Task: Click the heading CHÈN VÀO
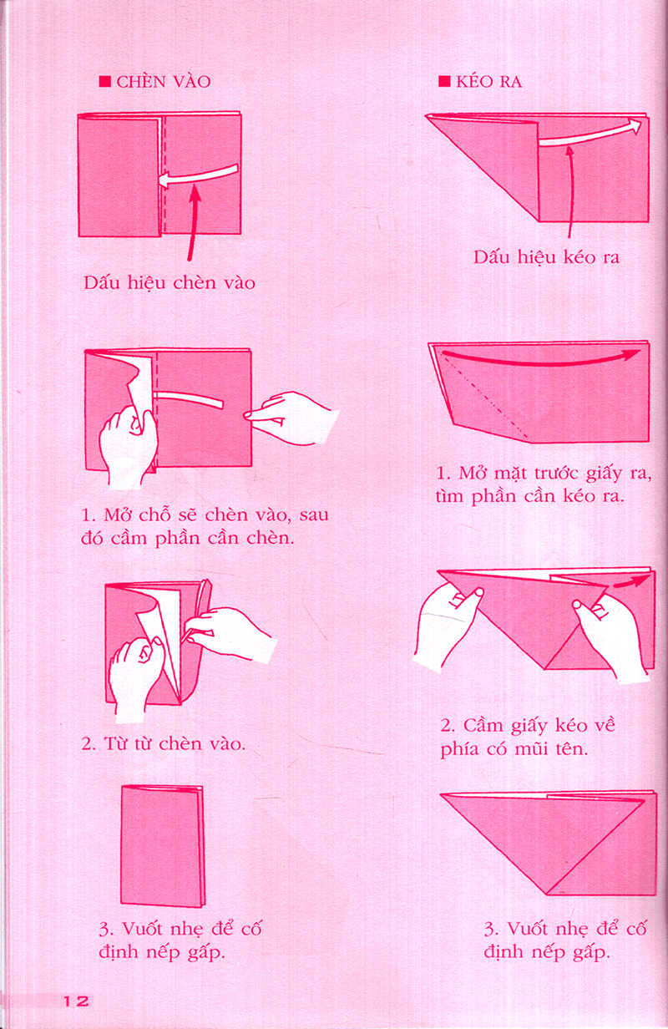coord(163,82)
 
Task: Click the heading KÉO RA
coord(489,82)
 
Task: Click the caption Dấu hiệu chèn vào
coord(170,283)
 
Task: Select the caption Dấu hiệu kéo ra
coord(546,257)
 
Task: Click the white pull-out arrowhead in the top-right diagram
coord(636,126)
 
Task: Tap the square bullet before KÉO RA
coord(443,82)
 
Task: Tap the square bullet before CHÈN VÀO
coord(104,82)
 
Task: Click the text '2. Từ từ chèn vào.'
coord(163,743)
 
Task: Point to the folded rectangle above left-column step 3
coord(161,845)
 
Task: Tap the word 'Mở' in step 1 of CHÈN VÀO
coord(118,514)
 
